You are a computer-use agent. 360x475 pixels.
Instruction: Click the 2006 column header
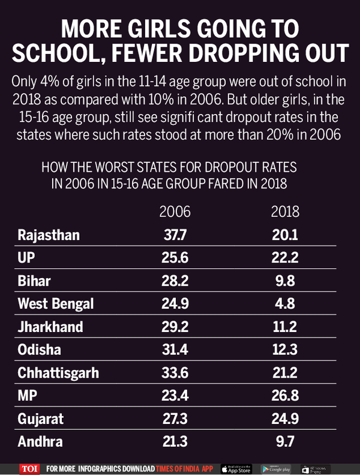click(x=175, y=212)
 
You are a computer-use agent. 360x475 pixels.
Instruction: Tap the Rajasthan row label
click(x=49, y=235)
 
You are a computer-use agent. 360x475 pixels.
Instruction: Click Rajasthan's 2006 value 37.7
click(x=175, y=235)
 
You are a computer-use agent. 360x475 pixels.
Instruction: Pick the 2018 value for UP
click(x=284, y=258)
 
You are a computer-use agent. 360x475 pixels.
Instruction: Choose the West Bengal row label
click(x=56, y=303)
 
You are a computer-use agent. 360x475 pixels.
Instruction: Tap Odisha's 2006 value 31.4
click(x=175, y=349)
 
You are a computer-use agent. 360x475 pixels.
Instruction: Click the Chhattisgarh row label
click(x=58, y=372)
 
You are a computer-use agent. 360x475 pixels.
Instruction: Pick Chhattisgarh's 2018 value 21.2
click(x=284, y=372)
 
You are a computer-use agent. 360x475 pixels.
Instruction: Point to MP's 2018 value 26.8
click(x=284, y=395)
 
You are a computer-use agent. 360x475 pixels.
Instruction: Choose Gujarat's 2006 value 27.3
click(x=175, y=418)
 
